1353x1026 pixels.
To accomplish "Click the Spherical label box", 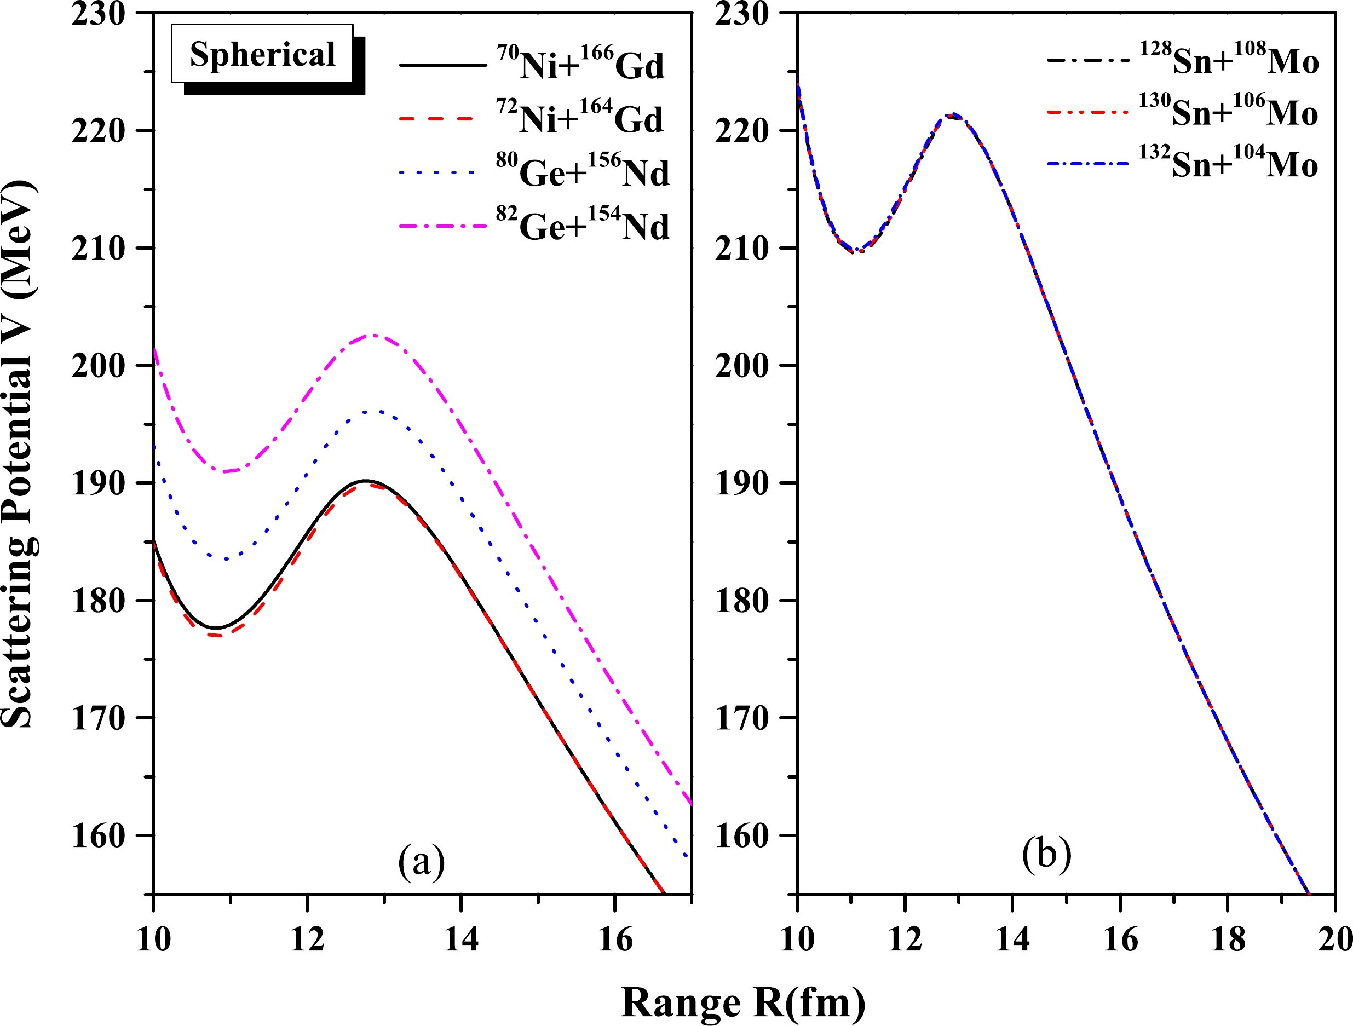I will pyautogui.click(x=262, y=54).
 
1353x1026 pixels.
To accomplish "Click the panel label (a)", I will pyautogui.click(x=421, y=862).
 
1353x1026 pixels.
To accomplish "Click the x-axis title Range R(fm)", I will pyautogui.click(x=742, y=1003).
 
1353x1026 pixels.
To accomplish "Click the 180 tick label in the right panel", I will pyautogui.click(x=741, y=602).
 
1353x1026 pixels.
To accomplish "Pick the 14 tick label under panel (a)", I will pyautogui.click(x=461, y=939).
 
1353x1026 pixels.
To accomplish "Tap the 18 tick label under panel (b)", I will pyautogui.click(x=1228, y=939).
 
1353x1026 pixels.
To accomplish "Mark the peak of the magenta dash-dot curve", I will pyautogui.click(x=373, y=335).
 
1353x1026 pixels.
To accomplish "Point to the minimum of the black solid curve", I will pyautogui.click(x=215, y=628).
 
